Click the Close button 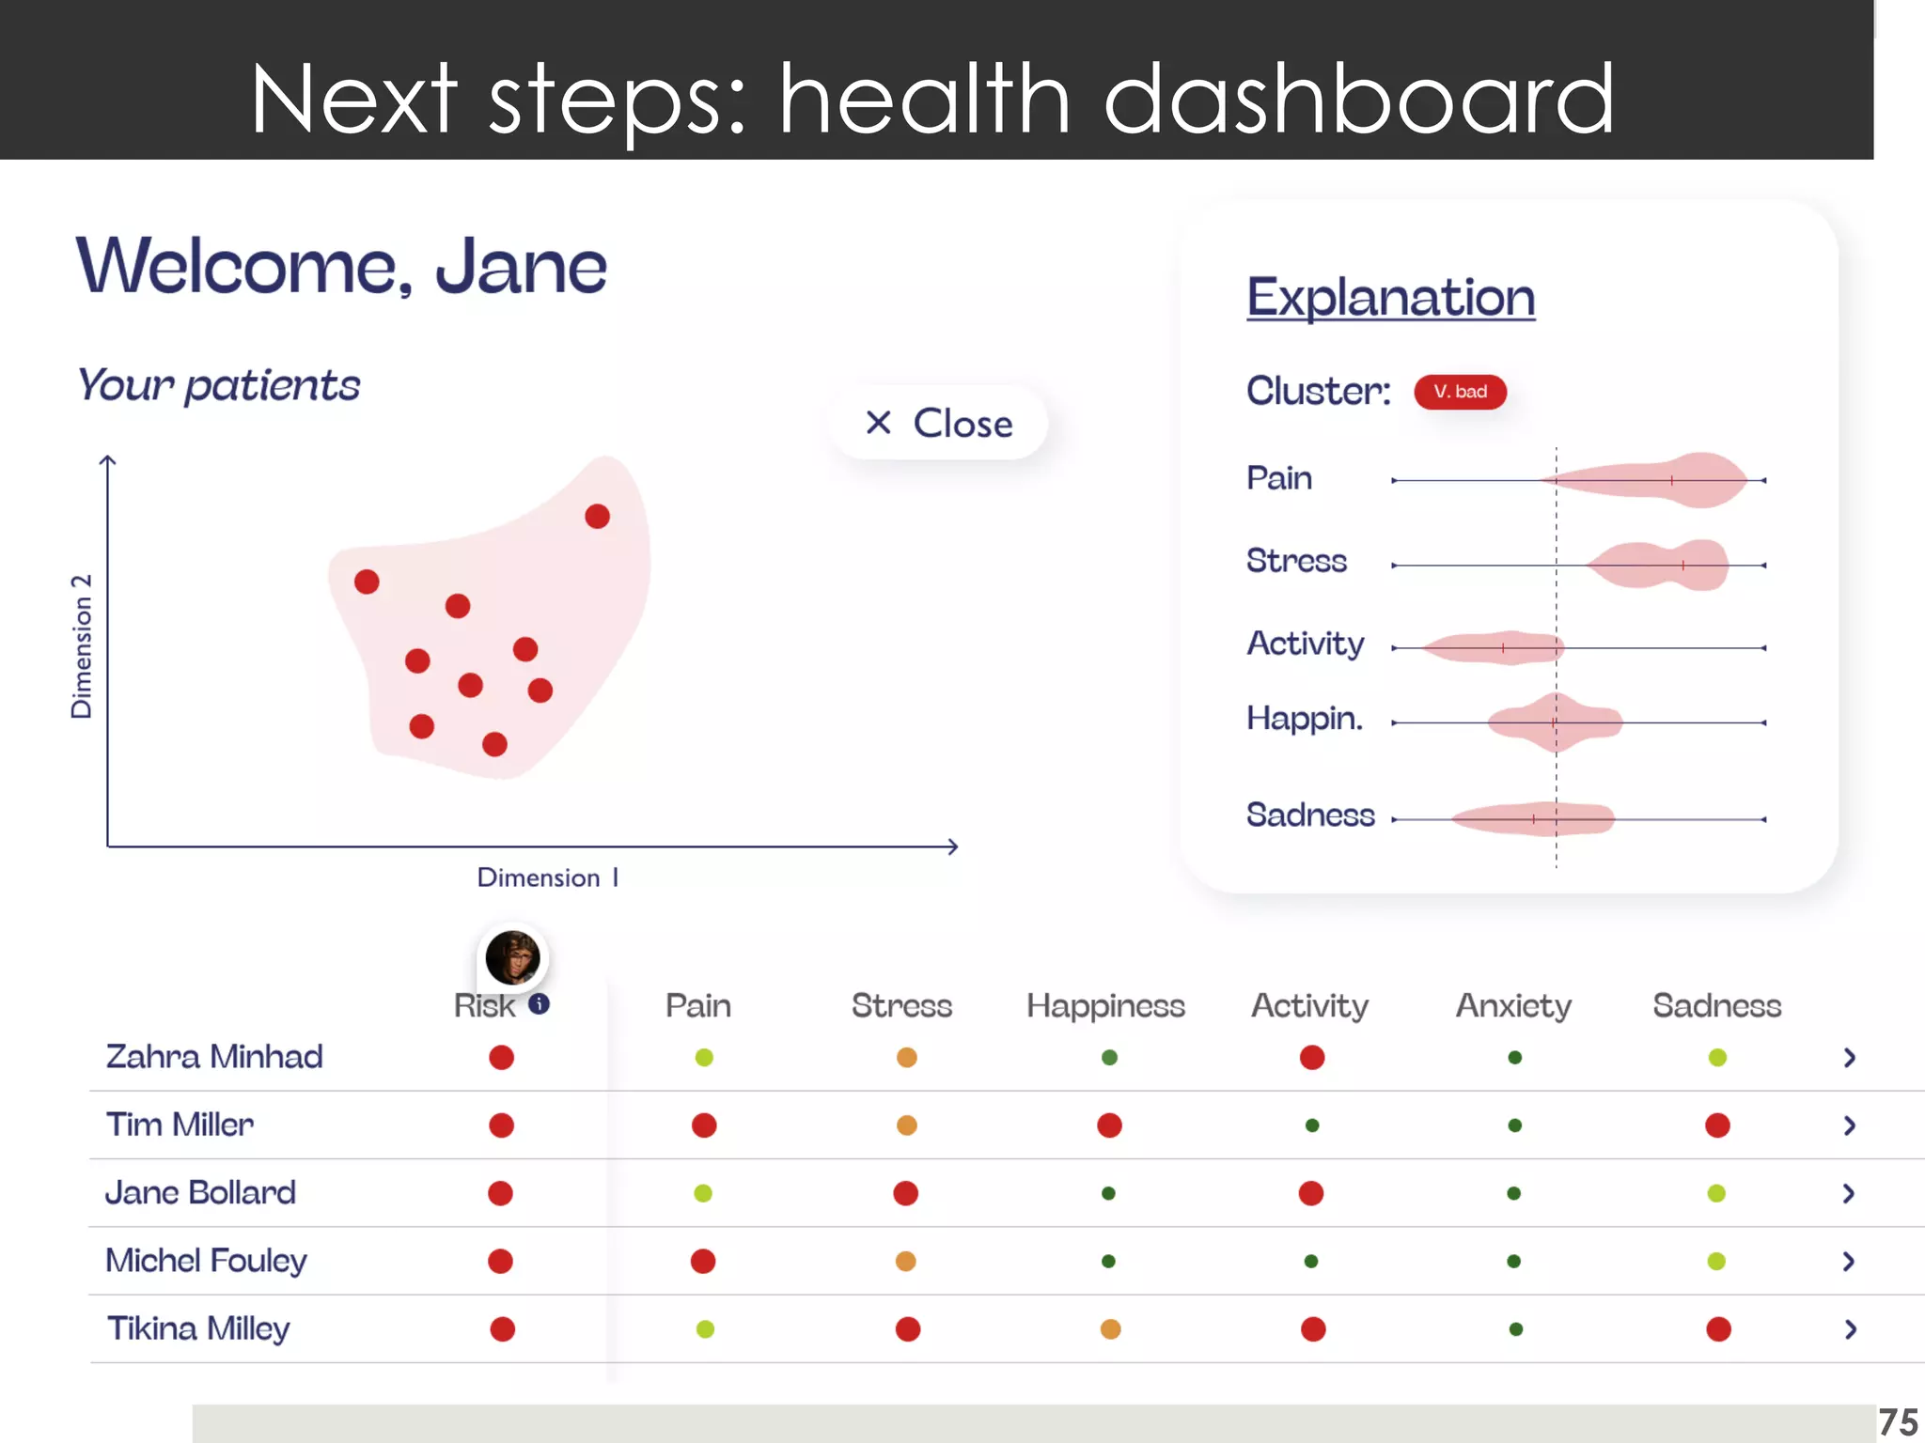point(938,423)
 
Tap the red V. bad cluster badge point(1460,392)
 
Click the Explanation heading point(1390,298)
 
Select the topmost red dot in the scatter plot point(597,516)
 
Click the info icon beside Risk point(539,1004)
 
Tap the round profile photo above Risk point(512,957)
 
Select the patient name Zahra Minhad point(214,1057)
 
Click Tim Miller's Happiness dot point(1109,1125)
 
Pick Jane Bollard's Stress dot point(906,1193)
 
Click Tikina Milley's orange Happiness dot point(1110,1329)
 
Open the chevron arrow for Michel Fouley point(1849,1261)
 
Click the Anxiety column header point(1513,1006)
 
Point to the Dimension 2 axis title point(82,646)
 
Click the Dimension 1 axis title point(547,877)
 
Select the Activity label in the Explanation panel point(1305,644)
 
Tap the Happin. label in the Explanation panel point(1304,719)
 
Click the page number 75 point(1898,1422)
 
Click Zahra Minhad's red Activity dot point(1312,1058)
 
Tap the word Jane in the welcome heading point(521,267)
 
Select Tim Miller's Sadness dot point(1717,1125)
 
